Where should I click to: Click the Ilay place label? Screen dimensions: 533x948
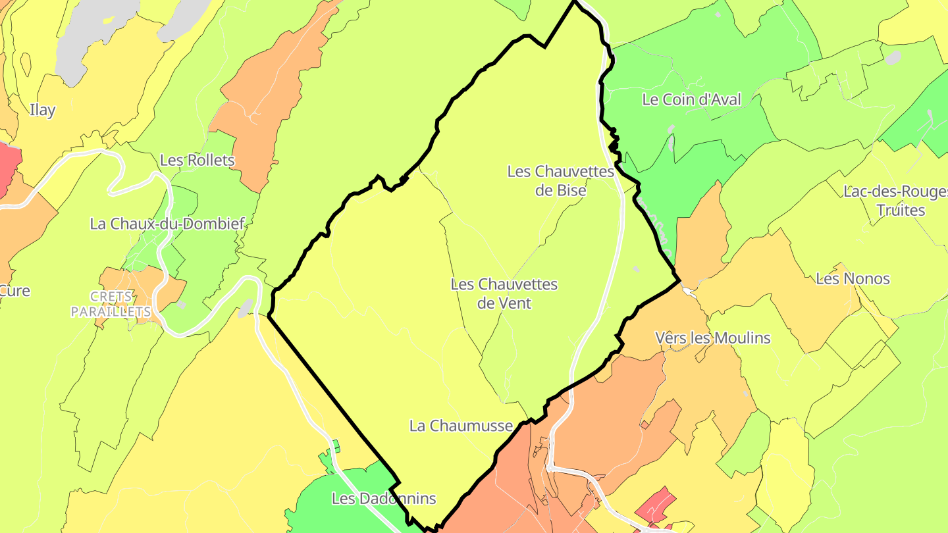pos(43,110)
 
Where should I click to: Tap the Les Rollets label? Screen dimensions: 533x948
pos(197,160)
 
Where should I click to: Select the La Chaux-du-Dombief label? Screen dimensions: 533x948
pos(167,224)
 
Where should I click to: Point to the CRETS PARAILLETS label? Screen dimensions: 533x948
pos(111,304)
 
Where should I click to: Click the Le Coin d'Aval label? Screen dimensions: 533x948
pos(692,99)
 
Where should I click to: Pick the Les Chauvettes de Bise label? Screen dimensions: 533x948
pos(560,181)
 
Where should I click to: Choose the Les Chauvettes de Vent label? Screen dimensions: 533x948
pos(504,293)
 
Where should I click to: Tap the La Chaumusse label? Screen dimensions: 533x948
pos(461,426)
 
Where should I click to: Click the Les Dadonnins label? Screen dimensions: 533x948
pos(384,498)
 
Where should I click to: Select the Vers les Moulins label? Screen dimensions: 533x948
pos(713,338)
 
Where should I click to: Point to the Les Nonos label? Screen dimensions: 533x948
pos(853,278)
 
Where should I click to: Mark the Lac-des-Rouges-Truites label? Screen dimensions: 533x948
pos(893,201)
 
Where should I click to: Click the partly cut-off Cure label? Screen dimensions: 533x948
pos(14,290)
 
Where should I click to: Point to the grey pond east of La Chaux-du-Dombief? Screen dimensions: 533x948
pos(245,307)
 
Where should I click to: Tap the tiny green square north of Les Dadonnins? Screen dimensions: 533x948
pos(336,446)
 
